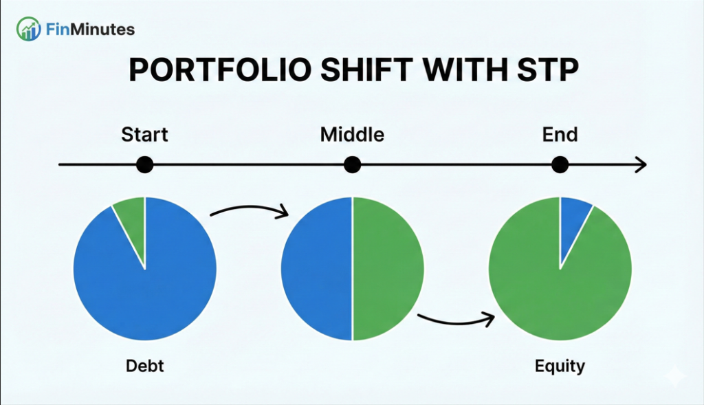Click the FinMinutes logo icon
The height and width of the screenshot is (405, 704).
(x=28, y=29)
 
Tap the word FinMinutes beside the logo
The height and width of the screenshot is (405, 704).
(x=90, y=30)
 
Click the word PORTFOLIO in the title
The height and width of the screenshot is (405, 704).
(x=220, y=69)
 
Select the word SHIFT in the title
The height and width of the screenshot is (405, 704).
(x=366, y=69)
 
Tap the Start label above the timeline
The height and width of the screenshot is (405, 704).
(x=144, y=135)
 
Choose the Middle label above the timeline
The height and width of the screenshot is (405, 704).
(x=352, y=135)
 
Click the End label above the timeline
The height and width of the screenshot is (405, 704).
(x=560, y=135)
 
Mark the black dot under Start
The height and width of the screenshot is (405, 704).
(x=144, y=165)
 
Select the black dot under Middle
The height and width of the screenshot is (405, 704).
(x=353, y=165)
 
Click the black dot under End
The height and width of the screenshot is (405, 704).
(x=560, y=165)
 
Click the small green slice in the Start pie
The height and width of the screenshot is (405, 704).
(x=133, y=220)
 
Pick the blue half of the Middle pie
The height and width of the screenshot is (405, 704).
(x=316, y=268)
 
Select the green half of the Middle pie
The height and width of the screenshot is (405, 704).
(x=388, y=268)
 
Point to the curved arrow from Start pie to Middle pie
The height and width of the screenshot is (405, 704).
(x=250, y=208)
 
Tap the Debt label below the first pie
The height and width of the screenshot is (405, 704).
(x=144, y=366)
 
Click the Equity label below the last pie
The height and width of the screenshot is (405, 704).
(x=560, y=366)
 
